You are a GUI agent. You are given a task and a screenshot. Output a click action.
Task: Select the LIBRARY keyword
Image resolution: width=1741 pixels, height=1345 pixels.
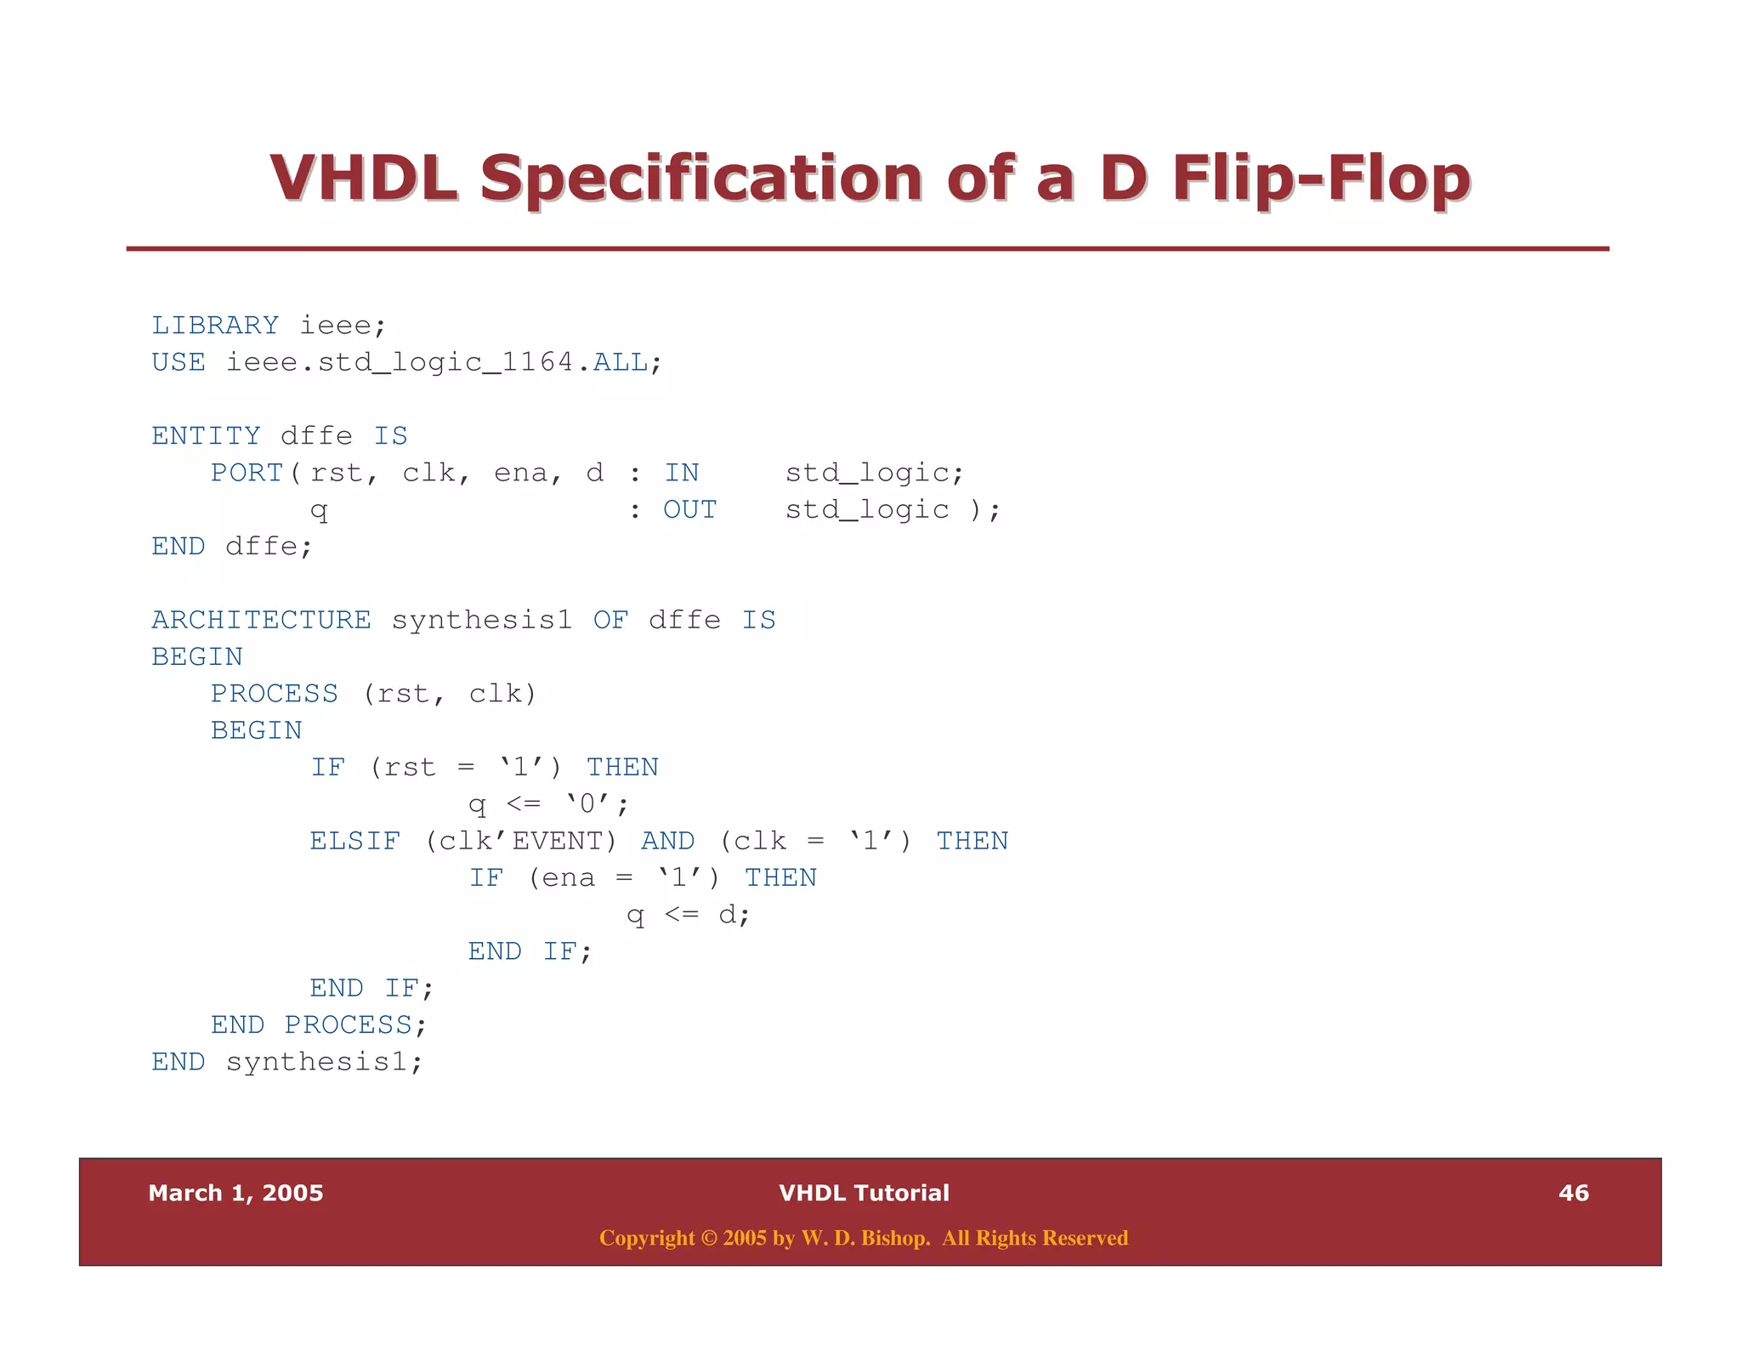coord(215,326)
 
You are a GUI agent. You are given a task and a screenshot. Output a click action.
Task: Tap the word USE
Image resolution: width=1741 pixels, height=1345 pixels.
coord(179,363)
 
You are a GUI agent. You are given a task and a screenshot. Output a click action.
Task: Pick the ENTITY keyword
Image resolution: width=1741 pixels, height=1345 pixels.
coord(206,436)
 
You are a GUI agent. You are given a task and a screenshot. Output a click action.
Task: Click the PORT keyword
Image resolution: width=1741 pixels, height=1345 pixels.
coord(247,473)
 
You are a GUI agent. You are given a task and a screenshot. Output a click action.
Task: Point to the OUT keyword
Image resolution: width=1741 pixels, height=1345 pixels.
coord(689,510)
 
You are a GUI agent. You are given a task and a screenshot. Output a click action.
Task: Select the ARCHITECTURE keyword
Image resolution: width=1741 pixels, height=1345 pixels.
coord(261,621)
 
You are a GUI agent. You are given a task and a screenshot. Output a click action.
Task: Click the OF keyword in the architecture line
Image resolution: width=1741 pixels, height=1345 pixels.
coord(610,621)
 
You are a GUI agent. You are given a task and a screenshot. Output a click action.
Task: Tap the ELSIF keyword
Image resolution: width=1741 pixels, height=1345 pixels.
coord(354,842)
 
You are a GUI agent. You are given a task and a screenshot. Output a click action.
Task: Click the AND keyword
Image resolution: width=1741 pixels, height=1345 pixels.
coord(667,842)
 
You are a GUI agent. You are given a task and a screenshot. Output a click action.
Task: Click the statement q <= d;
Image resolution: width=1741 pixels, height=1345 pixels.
coord(689,916)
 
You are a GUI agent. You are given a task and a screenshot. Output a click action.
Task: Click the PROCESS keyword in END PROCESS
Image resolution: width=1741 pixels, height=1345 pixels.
coord(348,1025)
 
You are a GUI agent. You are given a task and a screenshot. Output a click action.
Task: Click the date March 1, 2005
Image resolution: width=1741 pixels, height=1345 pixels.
coord(235,1193)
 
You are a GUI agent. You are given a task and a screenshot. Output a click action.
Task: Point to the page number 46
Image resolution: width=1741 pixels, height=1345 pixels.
coord(1574,1193)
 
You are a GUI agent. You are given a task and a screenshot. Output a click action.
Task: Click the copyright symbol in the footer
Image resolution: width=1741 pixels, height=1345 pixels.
coord(709,1238)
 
